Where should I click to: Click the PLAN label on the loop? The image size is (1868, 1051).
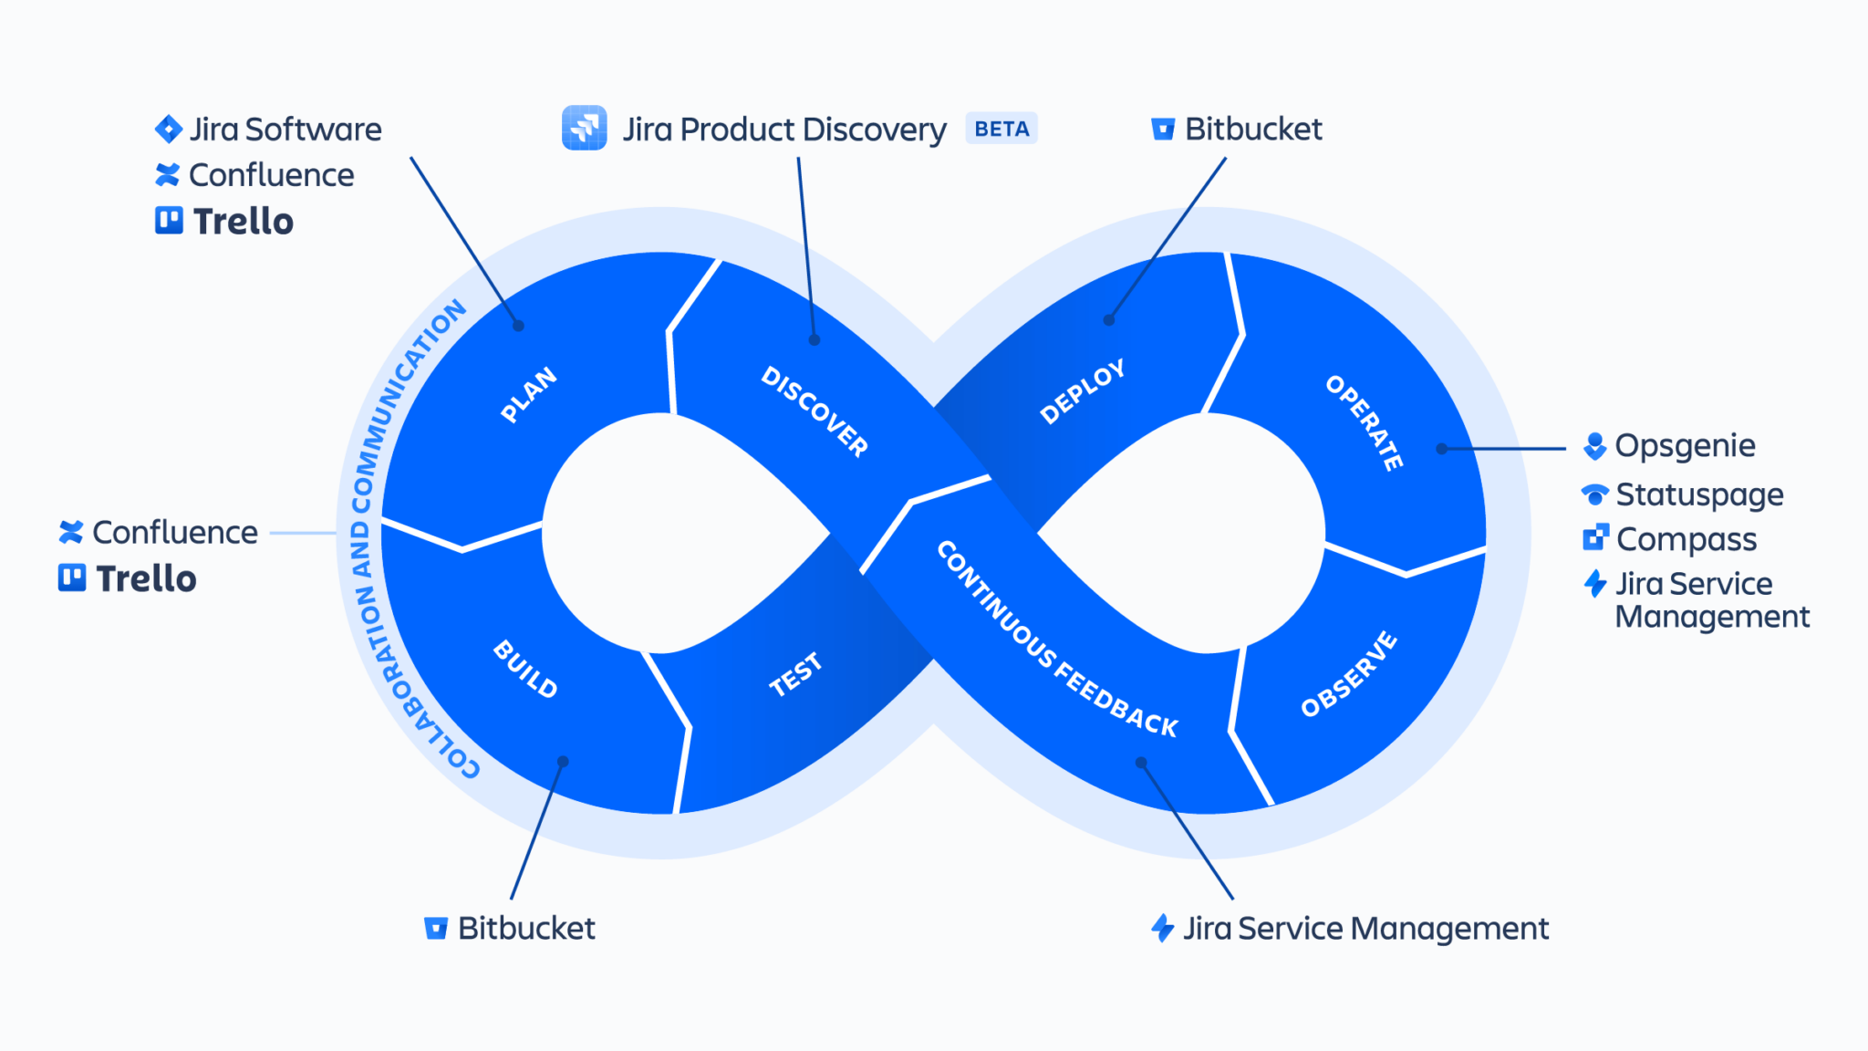pyautogui.click(x=529, y=394)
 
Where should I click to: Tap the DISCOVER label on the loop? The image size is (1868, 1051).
pyautogui.click(x=815, y=411)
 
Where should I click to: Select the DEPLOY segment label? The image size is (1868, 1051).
pyautogui.click(x=1083, y=391)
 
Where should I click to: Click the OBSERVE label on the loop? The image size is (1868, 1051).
pyautogui.click(x=1349, y=674)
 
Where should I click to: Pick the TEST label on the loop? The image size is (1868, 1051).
pyautogui.click(x=795, y=675)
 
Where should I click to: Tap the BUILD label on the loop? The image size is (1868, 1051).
pyautogui.click(x=525, y=669)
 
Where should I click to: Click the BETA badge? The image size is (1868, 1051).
pyautogui.click(x=1001, y=130)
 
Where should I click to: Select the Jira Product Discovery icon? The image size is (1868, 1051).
pyautogui.click(x=585, y=128)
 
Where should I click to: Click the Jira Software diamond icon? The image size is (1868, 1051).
pyautogui.click(x=169, y=130)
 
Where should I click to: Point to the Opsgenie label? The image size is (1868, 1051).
pyautogui.click(x=1685, y=445)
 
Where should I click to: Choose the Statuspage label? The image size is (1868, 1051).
pyautogui.click(x=1699, y=494)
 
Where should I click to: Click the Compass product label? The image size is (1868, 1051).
pyautogui.click(x=1686, y=539)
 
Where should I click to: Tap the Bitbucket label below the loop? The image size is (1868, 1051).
pyautogui.click(x=526, y=928)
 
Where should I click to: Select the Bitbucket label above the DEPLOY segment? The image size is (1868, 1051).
pyautogui.click(x=1253, y=130)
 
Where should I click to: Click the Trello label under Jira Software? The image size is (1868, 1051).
pyautogui.click(x=243, y=222)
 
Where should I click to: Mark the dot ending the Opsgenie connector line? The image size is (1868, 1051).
pyautogui.click(x=1441, y=449)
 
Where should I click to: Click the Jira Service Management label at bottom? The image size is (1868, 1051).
pyautogui.click(x=1365, y=929)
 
